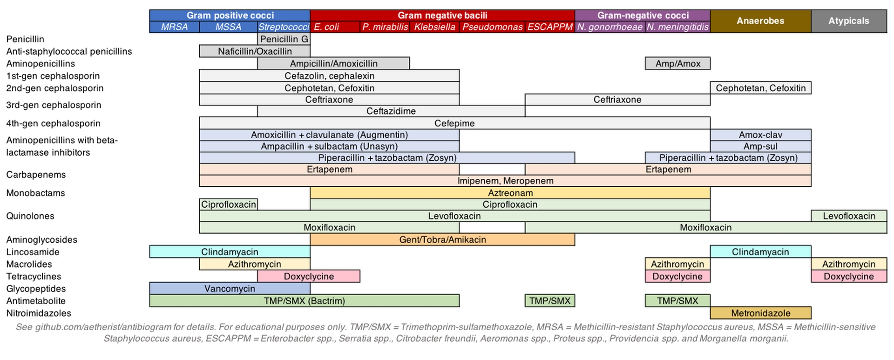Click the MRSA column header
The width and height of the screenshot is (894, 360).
(x=174, y=27)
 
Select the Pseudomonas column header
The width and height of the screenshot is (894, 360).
(x=492, y=27)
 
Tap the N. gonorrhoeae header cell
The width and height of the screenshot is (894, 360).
(x=610, y=27)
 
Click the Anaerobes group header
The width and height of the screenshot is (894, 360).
(x=760, y=21)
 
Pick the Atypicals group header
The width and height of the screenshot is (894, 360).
(x=849, y=21)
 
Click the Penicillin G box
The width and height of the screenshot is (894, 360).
(x=284, y=39)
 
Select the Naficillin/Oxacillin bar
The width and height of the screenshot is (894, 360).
(x=255, y=51)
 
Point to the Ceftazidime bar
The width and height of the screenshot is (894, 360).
(x=391, y=111)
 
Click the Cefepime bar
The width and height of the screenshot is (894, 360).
(x=454, y=123)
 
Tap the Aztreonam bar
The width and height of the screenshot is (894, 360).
(x=510, y=193)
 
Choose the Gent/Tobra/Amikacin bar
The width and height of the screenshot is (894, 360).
(x=442, y=239)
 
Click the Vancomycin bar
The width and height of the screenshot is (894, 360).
(x=230, y=288)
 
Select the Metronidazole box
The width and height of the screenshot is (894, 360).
(x=761, y=313)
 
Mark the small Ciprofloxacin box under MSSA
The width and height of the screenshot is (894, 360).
(x=228, y=204)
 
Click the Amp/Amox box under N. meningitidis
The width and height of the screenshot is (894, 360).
(x=678, y=63)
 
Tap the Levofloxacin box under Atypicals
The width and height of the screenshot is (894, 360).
(x=849, y=216)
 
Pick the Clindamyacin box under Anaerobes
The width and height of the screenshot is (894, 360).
(x=760, y=251)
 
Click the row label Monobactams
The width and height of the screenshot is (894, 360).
(x=35, y=193)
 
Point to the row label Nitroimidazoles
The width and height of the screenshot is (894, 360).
(x=39, y=313)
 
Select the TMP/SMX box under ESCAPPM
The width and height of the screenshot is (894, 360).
(x=550, y=301)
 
